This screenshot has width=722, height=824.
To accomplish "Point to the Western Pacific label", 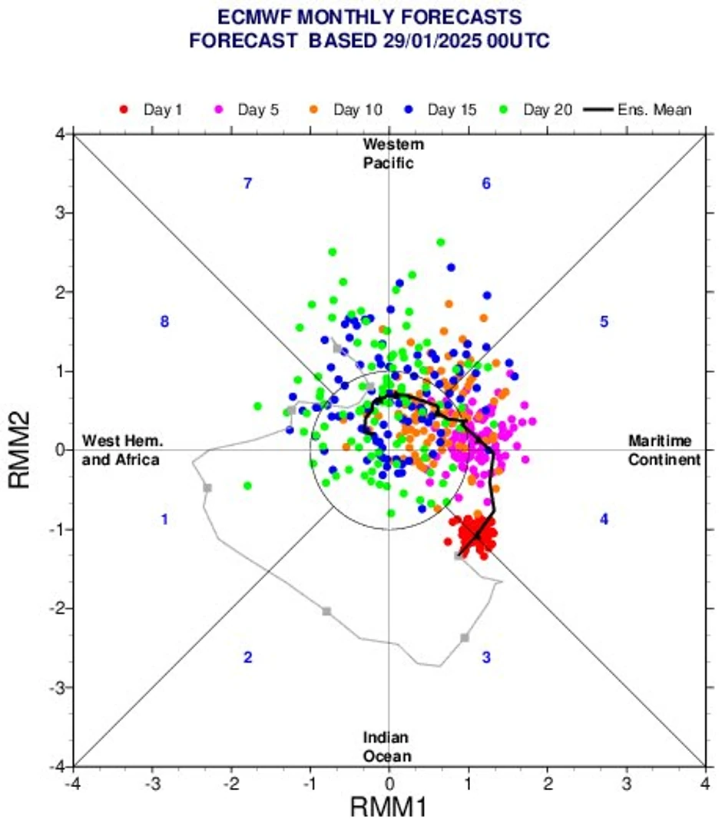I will click(x=393, y=154).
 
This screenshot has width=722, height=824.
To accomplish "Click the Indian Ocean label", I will click(x=387, y=746).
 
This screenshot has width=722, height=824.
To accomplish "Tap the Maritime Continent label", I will click(x=664, y=450).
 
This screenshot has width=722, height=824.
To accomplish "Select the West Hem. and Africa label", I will click(x=122, y=450).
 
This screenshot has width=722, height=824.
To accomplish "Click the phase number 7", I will click(x=248, y=184).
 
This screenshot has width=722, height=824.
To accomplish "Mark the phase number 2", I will click(x=247, y=657).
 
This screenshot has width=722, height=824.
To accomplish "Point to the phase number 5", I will click(x=604, y=321).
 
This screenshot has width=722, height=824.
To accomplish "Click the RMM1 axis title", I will click(x=389, y=807).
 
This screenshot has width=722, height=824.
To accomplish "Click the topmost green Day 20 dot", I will click(x=440, y=242).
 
